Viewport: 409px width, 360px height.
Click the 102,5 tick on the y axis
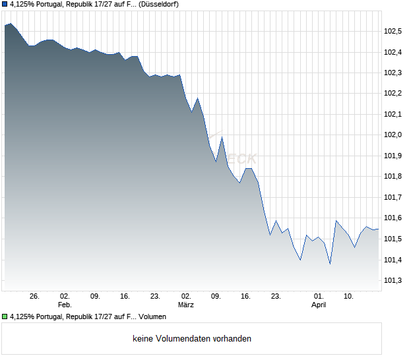(x=393, y=31)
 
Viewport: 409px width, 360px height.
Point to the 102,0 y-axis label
(x=393, y=135)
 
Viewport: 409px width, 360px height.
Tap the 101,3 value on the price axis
(x=393, y=281)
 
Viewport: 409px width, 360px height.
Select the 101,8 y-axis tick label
(x=393, y=177)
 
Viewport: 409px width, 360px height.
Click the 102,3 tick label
(x=393, y=73)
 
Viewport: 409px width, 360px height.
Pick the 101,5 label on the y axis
(x=393, y=239)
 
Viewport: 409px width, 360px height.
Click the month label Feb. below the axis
(x=65, y=305)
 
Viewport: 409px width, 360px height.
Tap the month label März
(x=186, y=305)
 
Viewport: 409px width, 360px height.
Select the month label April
(x=319, y=305)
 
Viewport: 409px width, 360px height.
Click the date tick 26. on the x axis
(x=35, y=297)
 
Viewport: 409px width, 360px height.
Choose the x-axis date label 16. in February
(x=125, y=297)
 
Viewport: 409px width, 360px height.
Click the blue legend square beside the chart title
(x=5, y=4)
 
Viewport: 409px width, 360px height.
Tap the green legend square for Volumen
(x=5, y=317)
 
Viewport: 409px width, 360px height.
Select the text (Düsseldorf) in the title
(x=158, y=4)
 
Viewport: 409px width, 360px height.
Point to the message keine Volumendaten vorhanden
(x=191, y=339)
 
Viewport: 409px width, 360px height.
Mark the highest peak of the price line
(x=10, y=24)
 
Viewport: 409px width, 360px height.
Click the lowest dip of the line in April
(x=330, y=264)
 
